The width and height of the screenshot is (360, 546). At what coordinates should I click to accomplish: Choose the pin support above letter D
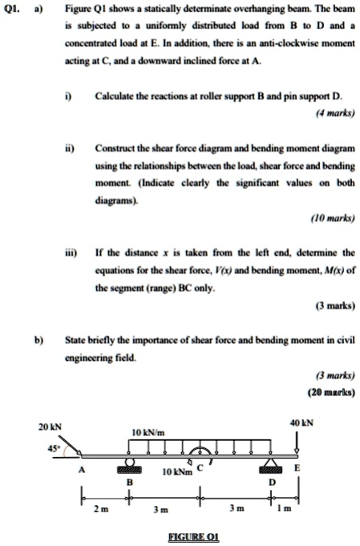pyautogui.click(x=271, y=467)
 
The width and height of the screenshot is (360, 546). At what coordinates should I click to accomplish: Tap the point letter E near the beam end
pyautogui.click(x=299, y=467)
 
